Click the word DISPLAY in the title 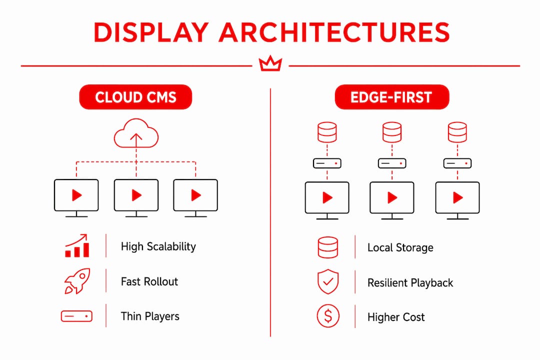pyautogui.click(x=151, y=32)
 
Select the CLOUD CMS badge pyautogui.click(x=135, y=97)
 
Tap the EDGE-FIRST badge pyautogui.click(x=392, y=97)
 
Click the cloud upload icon pyautogui.click(x=136, y=133)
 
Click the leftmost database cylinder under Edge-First pyautogui.click(x=327, y=132)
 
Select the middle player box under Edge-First pyautogui.click(x=392, y=163)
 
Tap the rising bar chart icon pyautogui.click(x=77, y=245)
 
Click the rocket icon pyautogui.click(x=77, y=281)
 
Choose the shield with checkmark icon pyautogui.click(x=328, y=281)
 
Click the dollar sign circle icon pyautogui.click(x=328, y=316)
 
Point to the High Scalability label pyautogui.click(x=158, y=246)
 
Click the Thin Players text pyautogui.click(x=150, y=316)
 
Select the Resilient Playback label pyautogui.click(x=410, y=283)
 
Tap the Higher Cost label pyautogui.click(x=396, y=317)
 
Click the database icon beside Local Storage pyautogui.click(x=328, y=247)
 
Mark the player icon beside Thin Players pyautogui.click(x=76, y=316)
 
